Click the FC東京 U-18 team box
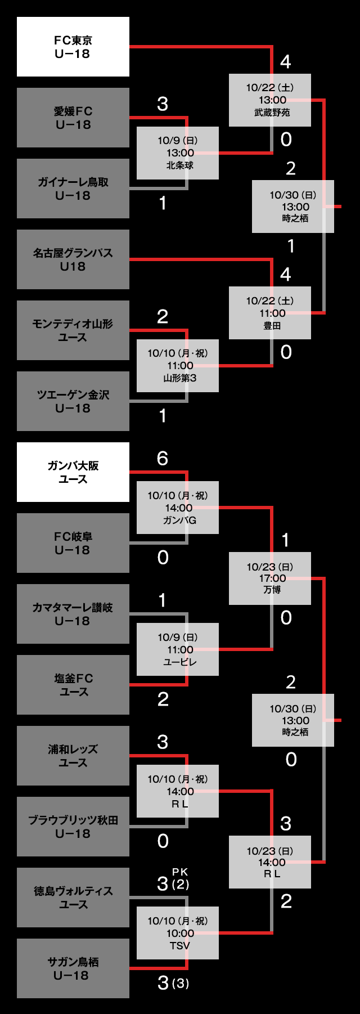[x=73, y=47]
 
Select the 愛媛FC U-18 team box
[x=73, y=118]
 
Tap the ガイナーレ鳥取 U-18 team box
[x=73, y=189]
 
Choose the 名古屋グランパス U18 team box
[x=73, y=259]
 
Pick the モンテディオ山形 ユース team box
[x=73, y=330]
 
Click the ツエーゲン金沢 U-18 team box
[x=73, y=401]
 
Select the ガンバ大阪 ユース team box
[x=73, y=472]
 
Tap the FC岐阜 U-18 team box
[x=73, y=543]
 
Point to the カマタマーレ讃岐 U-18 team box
[x=73, y=614]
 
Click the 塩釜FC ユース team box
[x=73, y=685]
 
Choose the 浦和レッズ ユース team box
[x=73, y=756]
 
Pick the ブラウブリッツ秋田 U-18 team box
[x=73, y=827]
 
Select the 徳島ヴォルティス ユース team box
[x=73, y=898]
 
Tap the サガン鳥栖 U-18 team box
[x=73, y=968]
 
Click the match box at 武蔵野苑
[x=270, y=100]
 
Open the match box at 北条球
[x=178, y=153]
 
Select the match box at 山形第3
[x=178, y=366]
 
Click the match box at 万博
[x=270, y=578]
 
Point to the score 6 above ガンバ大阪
[x=163, y=459]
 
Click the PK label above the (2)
[x=180, y=872]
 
